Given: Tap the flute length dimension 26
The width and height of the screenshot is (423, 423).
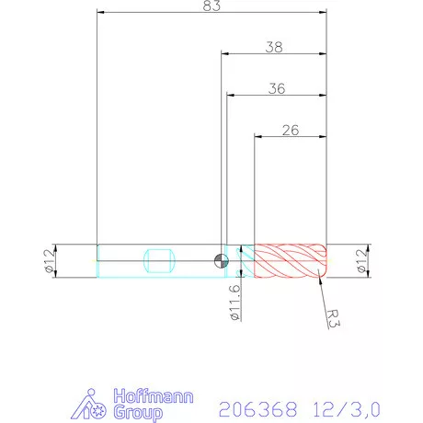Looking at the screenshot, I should pyautogui.click(x=290, y=130).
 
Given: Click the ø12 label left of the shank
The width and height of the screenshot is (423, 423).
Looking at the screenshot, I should pyautogui.click(x=48, y=259).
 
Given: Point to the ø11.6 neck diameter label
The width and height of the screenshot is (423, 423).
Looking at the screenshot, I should pyautogui.click(x=234, y=303).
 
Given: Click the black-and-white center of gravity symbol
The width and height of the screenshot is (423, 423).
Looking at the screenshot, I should pyautogui.click(x=220, y=259).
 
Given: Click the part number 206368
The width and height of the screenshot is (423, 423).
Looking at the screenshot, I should pyautogui.click(x=253, y=406).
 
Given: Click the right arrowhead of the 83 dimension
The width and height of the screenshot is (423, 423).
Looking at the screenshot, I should pyautogui.click(x=323, y=13).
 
